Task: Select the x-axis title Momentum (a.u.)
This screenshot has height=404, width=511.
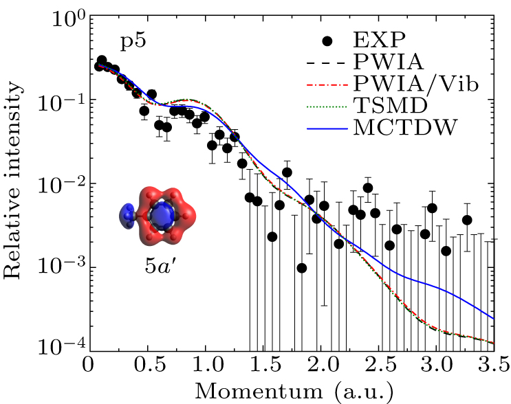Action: [294, 390]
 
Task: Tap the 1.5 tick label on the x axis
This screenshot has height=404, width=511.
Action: [263, 363]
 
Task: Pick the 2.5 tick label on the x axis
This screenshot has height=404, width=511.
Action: [379, 363]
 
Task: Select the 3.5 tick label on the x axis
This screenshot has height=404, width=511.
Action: [494, 363]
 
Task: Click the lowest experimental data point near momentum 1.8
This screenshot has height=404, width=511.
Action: [302, 268]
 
